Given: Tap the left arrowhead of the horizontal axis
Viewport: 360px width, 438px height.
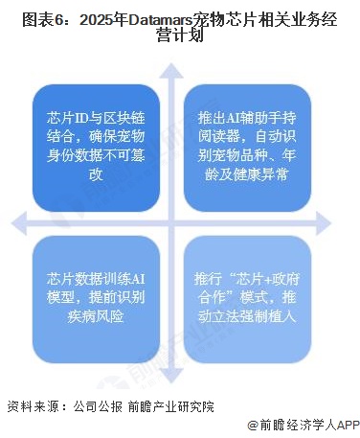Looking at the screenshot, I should click(18, 221).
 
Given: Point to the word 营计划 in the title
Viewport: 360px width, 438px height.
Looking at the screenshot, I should click(179, 35).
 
